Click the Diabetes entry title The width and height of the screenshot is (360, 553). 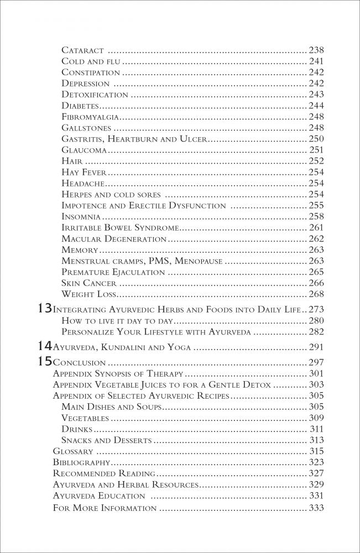[81, 105]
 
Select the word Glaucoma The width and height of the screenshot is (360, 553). [84, 149]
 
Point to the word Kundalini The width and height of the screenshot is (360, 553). [124, 348]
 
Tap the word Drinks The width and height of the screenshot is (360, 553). [77, 429]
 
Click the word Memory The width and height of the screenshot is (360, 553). [80, 249]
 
